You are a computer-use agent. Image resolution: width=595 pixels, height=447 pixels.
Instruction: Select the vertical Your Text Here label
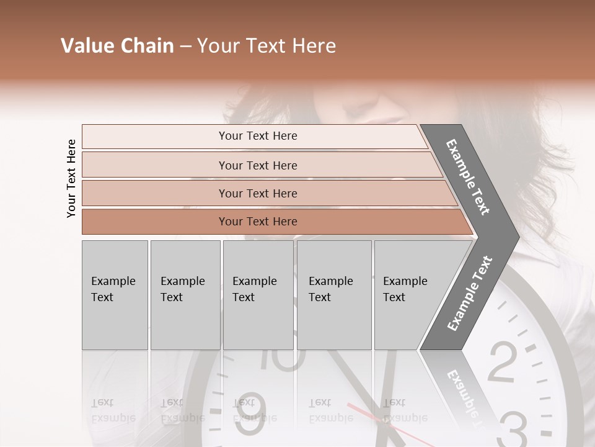71,178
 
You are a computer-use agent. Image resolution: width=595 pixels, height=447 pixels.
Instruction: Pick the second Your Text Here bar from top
258,165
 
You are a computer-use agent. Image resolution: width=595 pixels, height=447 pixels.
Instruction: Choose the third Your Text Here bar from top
258,193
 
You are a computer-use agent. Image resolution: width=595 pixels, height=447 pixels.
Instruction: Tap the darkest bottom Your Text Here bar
258,222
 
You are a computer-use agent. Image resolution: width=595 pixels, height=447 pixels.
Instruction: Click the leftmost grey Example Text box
115,294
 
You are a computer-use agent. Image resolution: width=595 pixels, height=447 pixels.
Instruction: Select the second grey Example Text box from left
185,294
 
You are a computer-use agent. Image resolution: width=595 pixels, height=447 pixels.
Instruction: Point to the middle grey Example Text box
258,294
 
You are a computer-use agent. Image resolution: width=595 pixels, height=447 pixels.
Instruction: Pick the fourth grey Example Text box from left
334,294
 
